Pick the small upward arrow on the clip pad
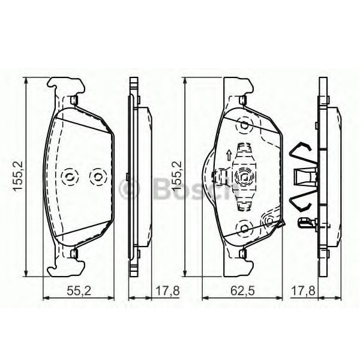pos(229,155)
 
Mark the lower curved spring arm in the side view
pos(299,202)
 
